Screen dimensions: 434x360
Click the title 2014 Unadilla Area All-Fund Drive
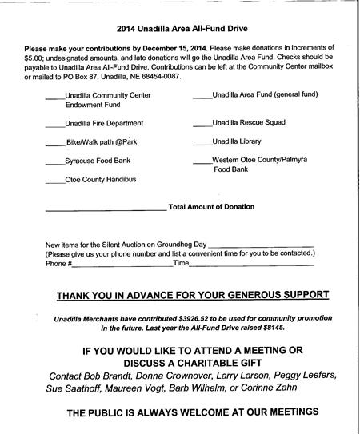coord(179,28)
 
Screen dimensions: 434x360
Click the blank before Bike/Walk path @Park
coord(54,145)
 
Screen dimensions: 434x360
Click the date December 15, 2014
coord(174,49)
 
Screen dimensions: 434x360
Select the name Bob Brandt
coord(114,376)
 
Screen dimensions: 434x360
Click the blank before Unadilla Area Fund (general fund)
coord(202,97)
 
